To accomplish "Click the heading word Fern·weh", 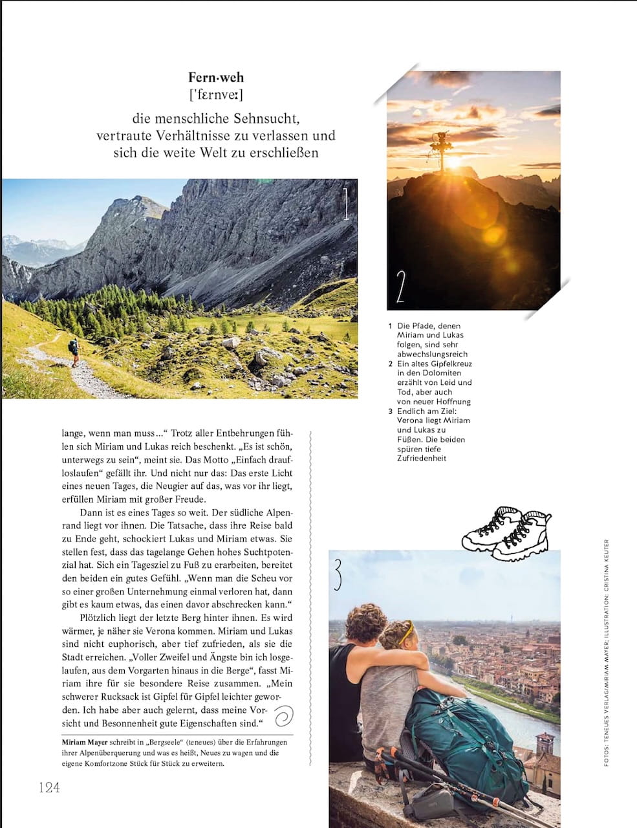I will coord(216,78).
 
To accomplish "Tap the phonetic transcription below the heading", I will coord(216,96).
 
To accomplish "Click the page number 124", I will coord(49,787).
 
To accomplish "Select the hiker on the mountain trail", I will coord(74,353).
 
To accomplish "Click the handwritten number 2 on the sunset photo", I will coord(400,287).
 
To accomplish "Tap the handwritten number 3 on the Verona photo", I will coord(338,575).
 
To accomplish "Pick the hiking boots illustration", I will coord(506,534).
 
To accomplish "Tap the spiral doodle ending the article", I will coord(284,716).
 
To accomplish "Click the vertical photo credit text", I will coord(607,653).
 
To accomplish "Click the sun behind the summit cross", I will coord(453,162).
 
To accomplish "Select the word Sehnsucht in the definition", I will coord(268,119).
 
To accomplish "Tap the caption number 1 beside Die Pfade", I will coord(391,326).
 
